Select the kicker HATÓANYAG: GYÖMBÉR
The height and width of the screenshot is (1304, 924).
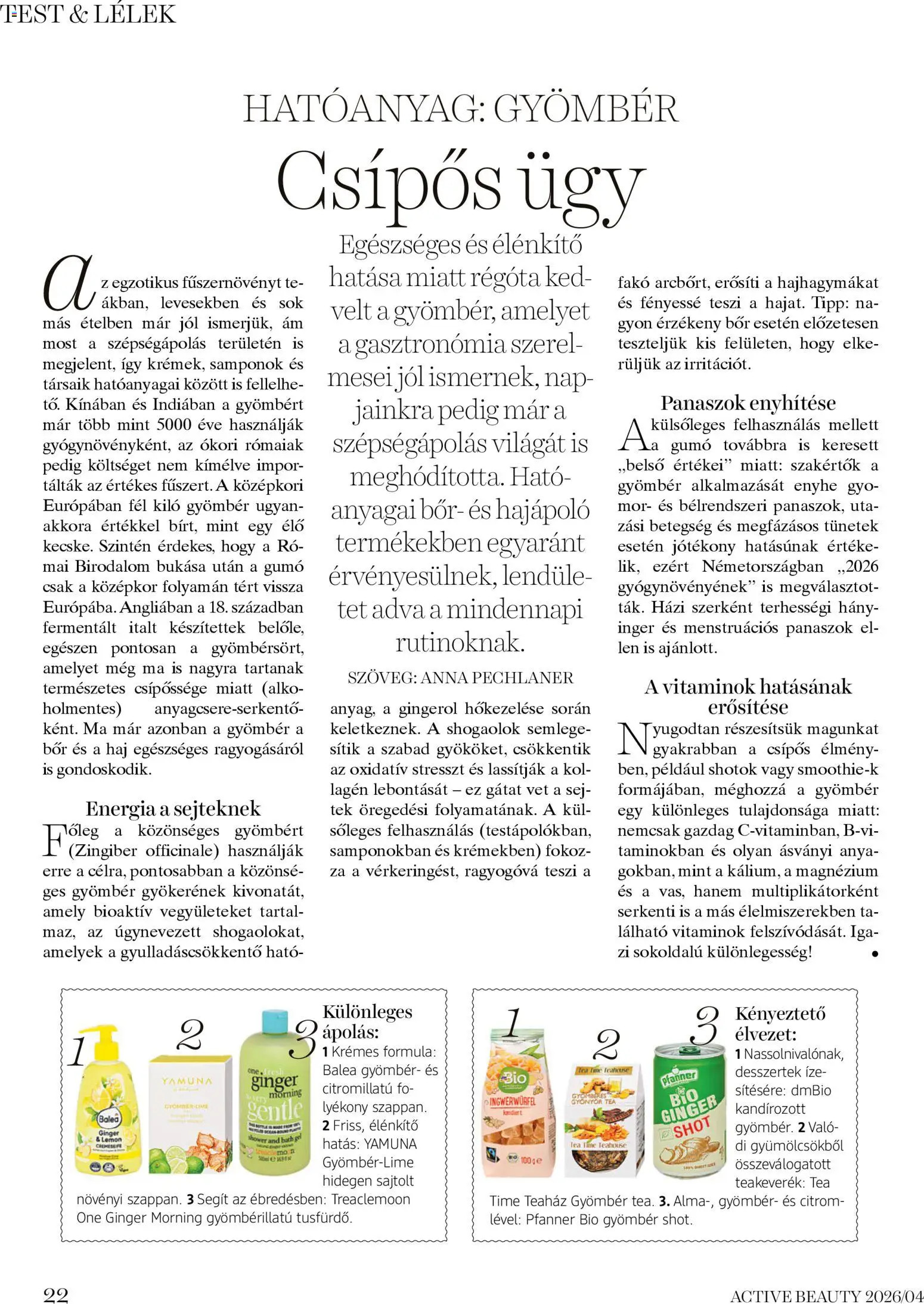pyautogui.click(x=460, y=109)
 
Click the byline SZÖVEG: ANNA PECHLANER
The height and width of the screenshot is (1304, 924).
pyautogui.click(x=460, y=678)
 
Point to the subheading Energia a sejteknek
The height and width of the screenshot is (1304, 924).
pyautogui.click(x=173, y=809)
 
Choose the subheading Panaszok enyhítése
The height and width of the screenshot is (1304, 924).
pyautogui.click(x=748, y=403)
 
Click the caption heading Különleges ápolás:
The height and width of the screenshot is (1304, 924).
pyautogui.click(x=367, y=1021)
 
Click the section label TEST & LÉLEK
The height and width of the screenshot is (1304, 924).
pyautogui.click(x=88, y=14)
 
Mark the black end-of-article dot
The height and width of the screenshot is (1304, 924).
pyautogui.click(x=875, y=953)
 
